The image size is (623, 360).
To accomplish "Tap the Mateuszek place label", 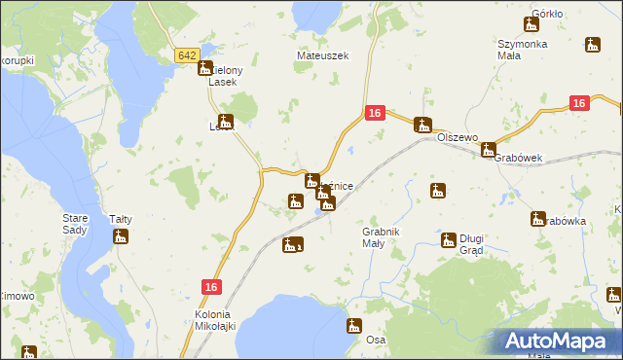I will [x=322, y=56].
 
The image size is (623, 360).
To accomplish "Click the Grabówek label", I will [x=517, y=158].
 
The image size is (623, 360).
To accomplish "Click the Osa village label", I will [x=376, y=340].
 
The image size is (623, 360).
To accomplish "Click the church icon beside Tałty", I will [x=121, y=235].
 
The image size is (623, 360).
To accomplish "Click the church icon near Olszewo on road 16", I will [x=421, y=124].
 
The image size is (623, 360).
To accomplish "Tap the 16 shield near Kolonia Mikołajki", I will [x=213, y=286].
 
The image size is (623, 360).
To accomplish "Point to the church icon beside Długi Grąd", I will [x=448, y=239].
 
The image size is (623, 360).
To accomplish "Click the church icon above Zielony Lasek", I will [x=205, y=67].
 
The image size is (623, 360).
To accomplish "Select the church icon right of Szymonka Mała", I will [x=592, y=44].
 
